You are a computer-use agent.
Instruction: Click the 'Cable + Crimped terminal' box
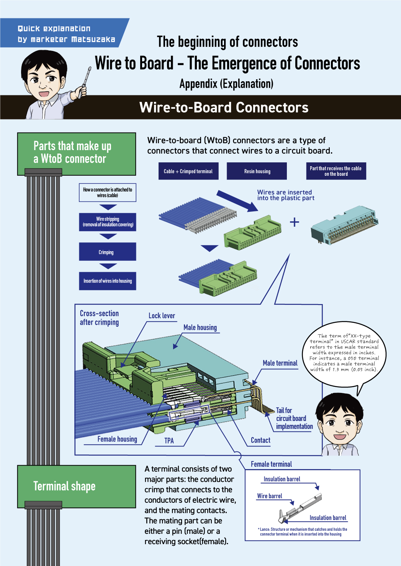tap(188, 171)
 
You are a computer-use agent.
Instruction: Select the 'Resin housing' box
tap(257, 171)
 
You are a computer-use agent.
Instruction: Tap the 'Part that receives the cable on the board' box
tap(336, 171)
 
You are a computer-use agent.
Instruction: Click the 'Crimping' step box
tap(107, 252)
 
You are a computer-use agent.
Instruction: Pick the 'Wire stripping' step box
tap(107, 222)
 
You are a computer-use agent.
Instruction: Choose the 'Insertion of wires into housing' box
tap(107, 281)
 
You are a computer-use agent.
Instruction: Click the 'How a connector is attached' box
tap(107, 193)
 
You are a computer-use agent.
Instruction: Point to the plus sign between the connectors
tap(294, 222)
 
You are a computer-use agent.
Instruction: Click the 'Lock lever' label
tap(162, 316)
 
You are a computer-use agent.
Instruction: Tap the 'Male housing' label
tap(200, 327)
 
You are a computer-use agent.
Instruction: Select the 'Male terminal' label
tap(280, 363)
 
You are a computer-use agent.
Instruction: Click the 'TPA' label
tap(169, 441)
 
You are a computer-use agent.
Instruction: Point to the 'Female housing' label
tap(117, 439)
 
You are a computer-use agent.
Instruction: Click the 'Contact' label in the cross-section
tap(260, 440)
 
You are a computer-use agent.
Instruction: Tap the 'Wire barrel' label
tap(270, 496)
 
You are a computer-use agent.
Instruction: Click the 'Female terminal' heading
tap(271, 464)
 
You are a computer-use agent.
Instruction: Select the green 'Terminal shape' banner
tap(77, 486)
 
